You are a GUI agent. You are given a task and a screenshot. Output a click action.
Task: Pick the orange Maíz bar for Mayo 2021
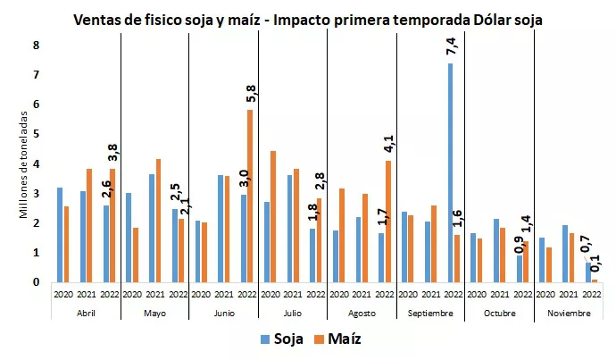tap(158, 220)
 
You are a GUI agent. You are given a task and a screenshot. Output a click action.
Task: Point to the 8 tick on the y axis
tap(37, 46)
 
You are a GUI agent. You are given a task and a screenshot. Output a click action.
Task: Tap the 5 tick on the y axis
tap(37, 134)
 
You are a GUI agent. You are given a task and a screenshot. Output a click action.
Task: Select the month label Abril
tap(86, 314)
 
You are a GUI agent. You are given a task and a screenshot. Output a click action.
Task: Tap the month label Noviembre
tap(568, 314)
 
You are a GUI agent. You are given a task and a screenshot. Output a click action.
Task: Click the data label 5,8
tap(250, 93)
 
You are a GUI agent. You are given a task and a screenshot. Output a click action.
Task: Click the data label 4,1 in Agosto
tap(389, 144)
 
